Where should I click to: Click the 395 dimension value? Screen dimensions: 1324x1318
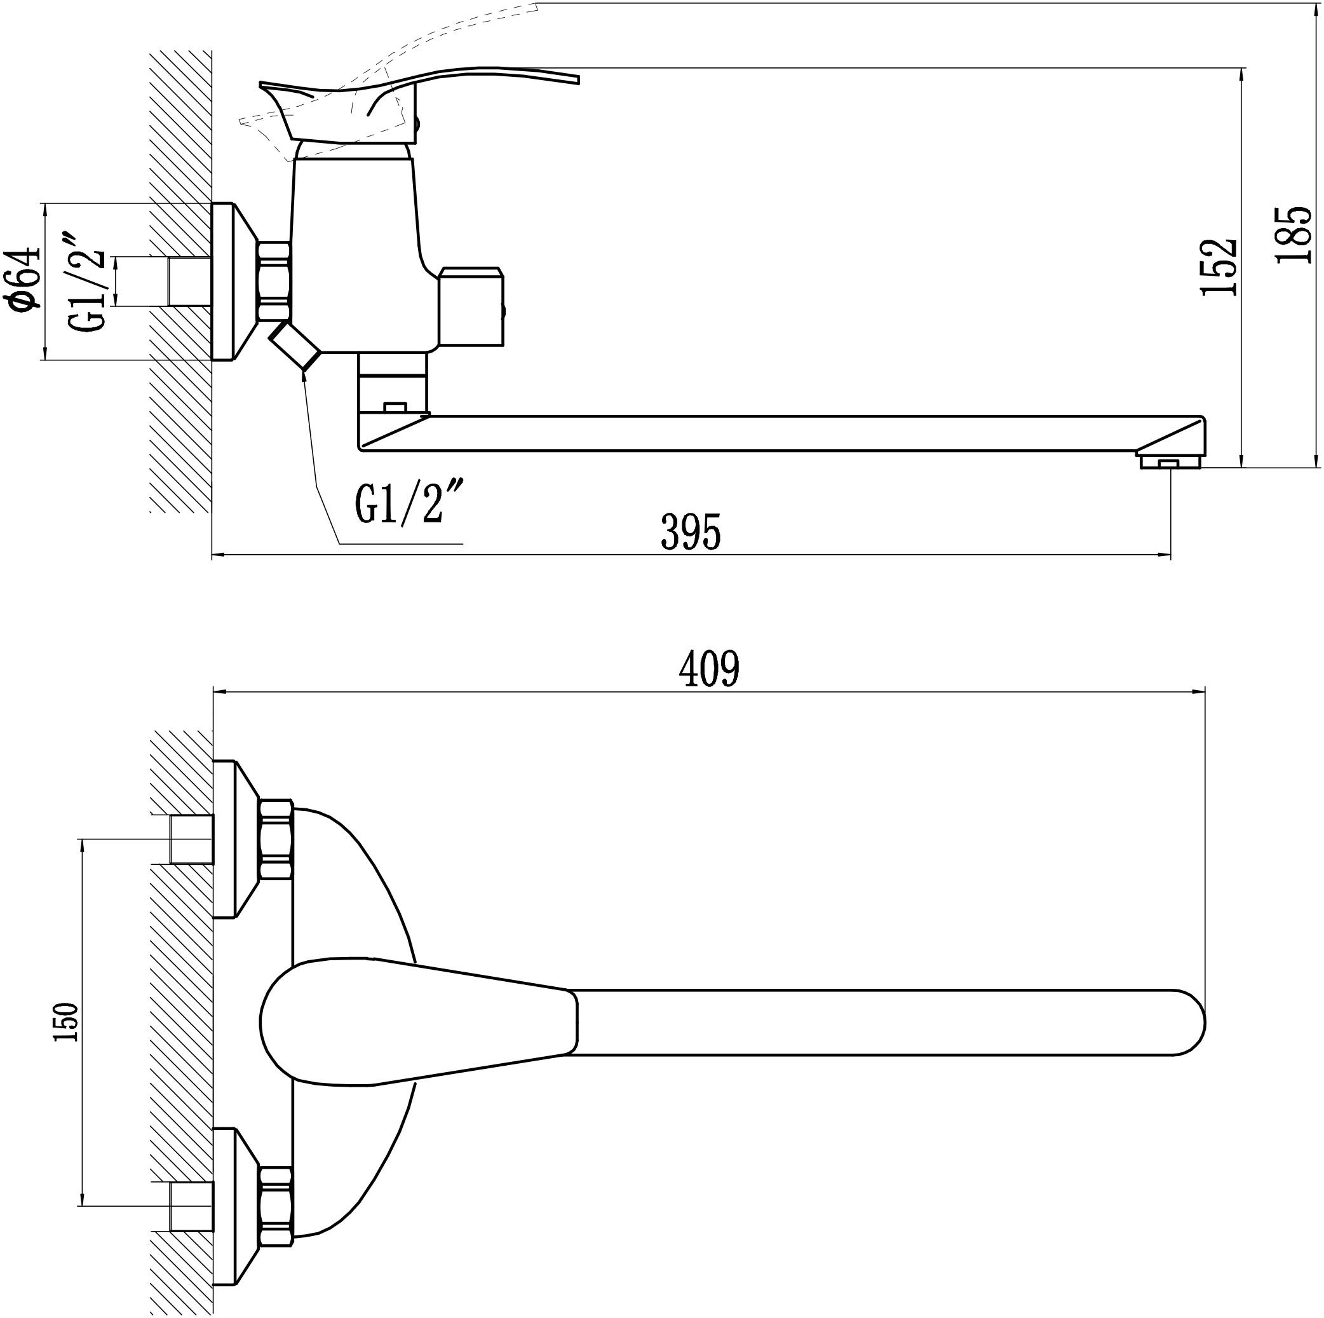(691, 531)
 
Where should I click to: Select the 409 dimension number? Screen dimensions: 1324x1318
(709, 669)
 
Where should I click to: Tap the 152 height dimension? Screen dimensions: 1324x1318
(1219, 268)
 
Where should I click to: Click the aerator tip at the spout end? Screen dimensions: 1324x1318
(1170, 460)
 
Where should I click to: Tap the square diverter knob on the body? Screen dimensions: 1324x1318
(472, 306)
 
